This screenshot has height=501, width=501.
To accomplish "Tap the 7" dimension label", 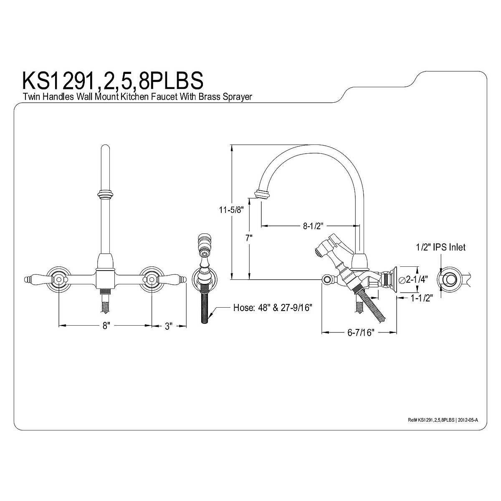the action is point(249,238).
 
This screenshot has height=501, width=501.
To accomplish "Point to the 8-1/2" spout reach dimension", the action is point(313,226).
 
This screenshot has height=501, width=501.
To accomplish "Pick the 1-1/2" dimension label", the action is point(422,298).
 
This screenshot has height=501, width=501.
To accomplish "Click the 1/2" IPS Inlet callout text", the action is point(441,247).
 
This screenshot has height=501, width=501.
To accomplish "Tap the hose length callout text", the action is point(273,308).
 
